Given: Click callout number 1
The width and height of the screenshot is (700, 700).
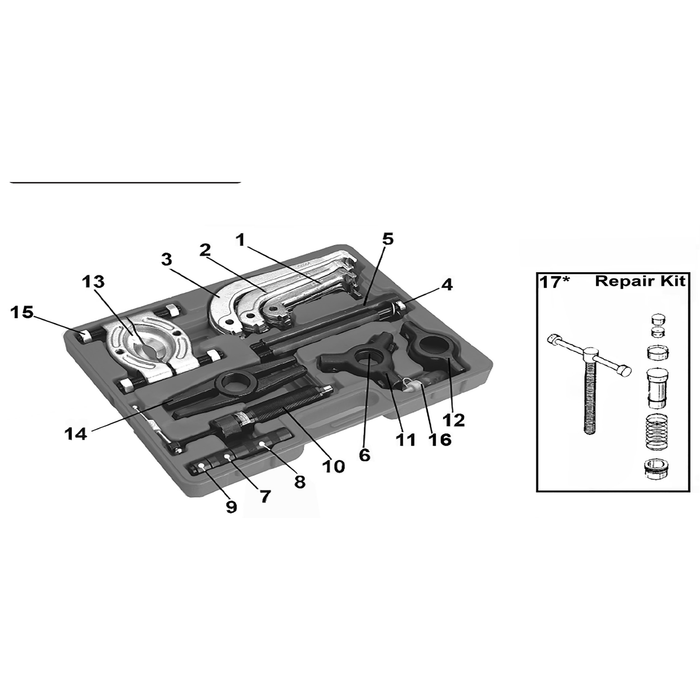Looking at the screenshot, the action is (x=241, y=241).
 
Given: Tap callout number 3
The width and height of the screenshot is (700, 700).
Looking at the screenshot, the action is (x=167, y=259).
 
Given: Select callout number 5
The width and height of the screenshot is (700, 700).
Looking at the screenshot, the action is (x=388, y=239).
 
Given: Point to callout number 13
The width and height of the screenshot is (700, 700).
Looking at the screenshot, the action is (x=93, y=282).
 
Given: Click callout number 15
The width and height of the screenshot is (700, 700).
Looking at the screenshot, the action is (x=22, y=312).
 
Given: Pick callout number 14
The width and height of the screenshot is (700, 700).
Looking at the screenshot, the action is (x=75, y=433).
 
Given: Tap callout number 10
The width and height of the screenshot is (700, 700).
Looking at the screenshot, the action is (x=333, y=467).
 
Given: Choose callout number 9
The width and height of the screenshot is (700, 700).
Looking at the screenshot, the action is (x=231, y=506).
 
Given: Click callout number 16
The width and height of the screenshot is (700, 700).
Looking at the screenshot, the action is (x=440, y=440).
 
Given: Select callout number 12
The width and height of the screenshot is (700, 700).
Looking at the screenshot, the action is (x=454, y=420).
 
